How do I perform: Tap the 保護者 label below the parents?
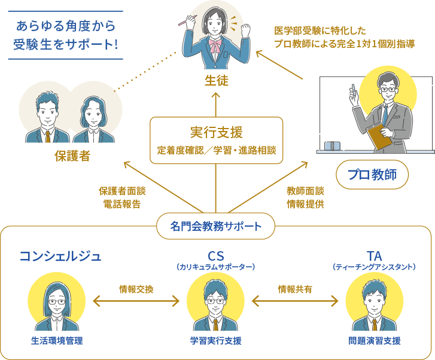coord(72,157)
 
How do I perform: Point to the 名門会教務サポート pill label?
coord(216,227)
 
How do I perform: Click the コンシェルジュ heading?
coord(60,257)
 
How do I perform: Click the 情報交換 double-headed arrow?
coord(136,301)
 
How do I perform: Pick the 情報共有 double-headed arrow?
coord(295,301)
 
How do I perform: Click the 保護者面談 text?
coord(122,191)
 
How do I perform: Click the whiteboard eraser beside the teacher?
coord(333,146)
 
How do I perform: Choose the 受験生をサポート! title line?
coord(66,44)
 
